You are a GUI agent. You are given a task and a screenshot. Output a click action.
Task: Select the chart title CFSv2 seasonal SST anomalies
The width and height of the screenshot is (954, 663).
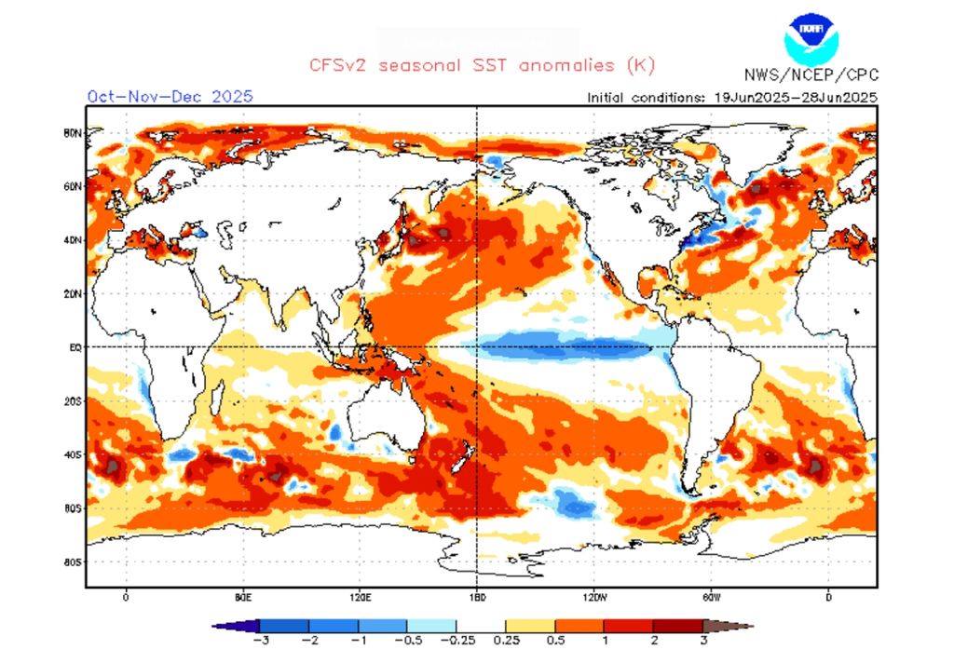(483, 65)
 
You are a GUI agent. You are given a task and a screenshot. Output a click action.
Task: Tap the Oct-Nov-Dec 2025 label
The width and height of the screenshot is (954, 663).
(170, 96)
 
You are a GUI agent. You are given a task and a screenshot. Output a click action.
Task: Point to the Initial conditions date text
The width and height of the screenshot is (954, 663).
(731, 97)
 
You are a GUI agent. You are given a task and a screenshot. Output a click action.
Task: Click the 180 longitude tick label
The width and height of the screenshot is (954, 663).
(477, 597)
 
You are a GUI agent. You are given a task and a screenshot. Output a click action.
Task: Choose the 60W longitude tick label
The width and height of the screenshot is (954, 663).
(711, 597)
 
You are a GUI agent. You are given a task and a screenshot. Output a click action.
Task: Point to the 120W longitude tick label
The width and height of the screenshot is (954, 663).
(594, 597)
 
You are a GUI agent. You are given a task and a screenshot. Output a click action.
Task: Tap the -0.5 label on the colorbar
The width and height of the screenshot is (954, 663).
(407, 641)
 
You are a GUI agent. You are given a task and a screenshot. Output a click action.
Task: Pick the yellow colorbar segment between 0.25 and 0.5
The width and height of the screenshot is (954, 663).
(530, 626)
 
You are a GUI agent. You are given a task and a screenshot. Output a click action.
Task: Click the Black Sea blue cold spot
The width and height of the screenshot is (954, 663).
(197, 230)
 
